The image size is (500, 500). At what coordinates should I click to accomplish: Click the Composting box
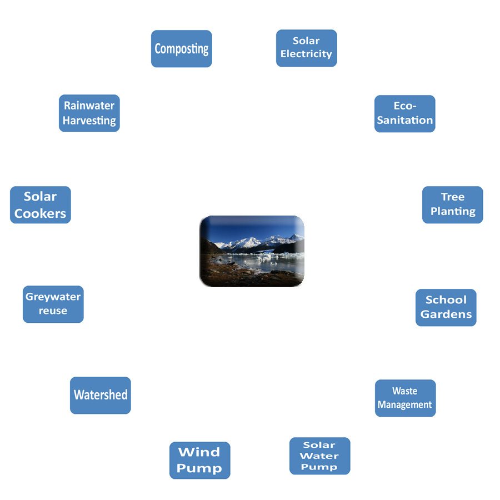pyautogui.click(x=181, y=49)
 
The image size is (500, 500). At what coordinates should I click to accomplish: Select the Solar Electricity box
pyautogui.click(x=306, y=48)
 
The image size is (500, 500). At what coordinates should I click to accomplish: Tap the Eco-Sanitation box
pyautogui.click(x=404, y=113)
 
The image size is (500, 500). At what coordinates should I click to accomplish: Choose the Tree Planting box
pyautogui.click(x=452, y=204)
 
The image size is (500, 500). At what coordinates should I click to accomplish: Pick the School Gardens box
pyautogui.click(x=446, y=307)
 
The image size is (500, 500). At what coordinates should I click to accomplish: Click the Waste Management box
pyautogui.click(x=405, y=398)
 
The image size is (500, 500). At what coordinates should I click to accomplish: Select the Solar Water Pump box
pyautogui.click(x=319, y=456)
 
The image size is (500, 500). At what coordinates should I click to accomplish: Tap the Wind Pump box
pyautogui.click(x=199, y=460)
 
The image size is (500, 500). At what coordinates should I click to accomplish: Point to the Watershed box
pyautogui.click(x=100, y=395)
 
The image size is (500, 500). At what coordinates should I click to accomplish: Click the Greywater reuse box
pyautogui.click(x=53, y=304)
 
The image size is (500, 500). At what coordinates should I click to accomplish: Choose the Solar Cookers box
pyautogui.click(x=40, y=204)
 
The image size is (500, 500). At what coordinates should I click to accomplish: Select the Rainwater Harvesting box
pyautogui.click(x=89, y=113)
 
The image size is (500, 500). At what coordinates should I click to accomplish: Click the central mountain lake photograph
pyautogui.click(x=252, y=251)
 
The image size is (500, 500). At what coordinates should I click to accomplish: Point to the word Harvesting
pyautogui.click(x=89, y=121)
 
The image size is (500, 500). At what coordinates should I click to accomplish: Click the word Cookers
pyautogui.click(x=40, y=213)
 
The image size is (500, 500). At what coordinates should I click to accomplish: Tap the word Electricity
pyautogui.click(x=306, y=54)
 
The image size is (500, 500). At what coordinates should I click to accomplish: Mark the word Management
pyautogui.click(x=405, y=405)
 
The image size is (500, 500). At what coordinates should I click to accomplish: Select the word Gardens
pyautogui.click(x=446, y=314)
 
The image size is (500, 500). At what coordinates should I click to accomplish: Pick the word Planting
pyautogui.click(x=453, y=212)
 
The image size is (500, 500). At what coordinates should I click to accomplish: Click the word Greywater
pyautogui.click(x=53, y=297)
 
